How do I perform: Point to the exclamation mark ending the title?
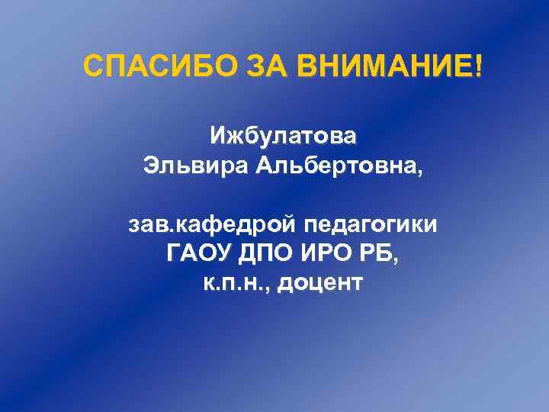tap(478, 67)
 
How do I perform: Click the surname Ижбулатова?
tap(283, 137)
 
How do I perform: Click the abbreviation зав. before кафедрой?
tap(152, 226)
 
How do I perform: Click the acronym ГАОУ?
tap(197, 254)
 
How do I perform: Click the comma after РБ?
tap(394, 260)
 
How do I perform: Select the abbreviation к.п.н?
tap(233, 283)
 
